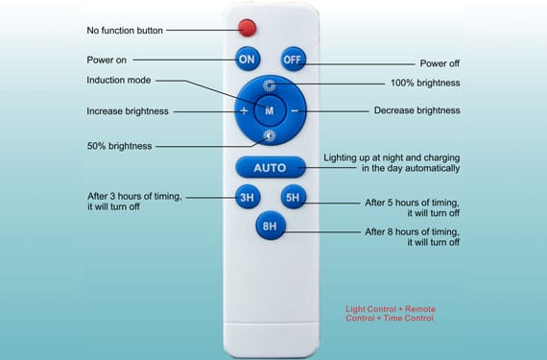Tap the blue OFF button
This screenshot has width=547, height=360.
click(x=292, y=60)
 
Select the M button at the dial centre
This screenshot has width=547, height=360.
click(x=270, y=111)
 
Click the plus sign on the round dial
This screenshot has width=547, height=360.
click(x=245, y=111)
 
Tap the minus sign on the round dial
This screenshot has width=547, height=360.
click(x=295, y=111)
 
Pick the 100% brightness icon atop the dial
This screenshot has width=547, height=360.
click(x=270, y=85)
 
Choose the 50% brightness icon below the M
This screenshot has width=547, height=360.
click(x=270, y=137)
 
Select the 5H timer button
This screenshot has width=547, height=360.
click(x=292, y=199)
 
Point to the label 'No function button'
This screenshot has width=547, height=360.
click(x=125, y=30)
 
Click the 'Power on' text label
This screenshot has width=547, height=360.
click(x=107, y=60)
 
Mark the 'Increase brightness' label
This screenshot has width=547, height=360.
click(x=128, y=111)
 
